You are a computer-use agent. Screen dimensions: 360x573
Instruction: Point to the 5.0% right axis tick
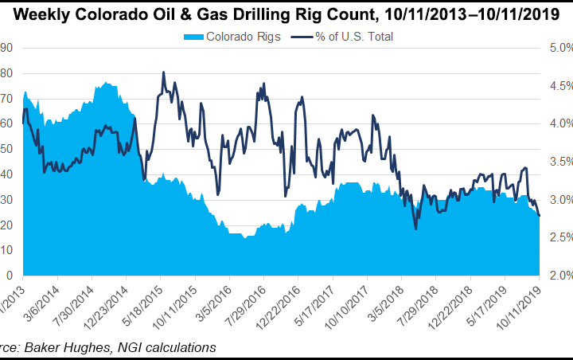tap(555, 48)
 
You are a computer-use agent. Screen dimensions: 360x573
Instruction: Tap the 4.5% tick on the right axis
tap(555, 86)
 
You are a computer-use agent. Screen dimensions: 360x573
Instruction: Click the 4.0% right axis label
tap(555, 123)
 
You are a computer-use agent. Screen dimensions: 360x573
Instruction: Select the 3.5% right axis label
tap(555, 162)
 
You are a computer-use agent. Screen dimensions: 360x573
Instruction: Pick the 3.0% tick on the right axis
tap(555, 200)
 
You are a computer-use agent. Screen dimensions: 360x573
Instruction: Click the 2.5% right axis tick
tap(555, 237)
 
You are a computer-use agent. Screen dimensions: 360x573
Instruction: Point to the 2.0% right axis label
tap(555, 276)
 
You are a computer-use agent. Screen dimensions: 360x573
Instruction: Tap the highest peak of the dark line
tap(163, 72)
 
